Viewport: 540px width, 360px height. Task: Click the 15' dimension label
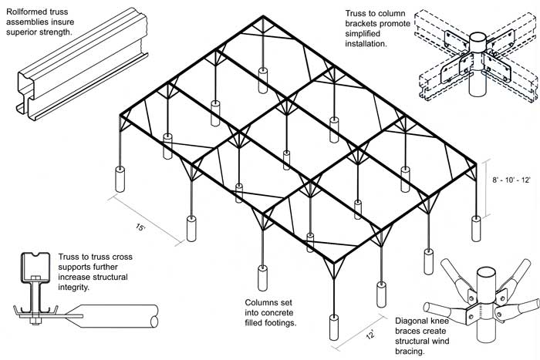[x=140, y=227]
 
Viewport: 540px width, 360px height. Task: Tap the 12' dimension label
[x=370, y=335]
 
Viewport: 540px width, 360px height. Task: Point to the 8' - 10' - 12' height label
[x=511, y=180]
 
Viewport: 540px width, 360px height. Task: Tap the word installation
[x=366, y=44]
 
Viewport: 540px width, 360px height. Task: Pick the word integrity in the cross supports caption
[x=73, y=287]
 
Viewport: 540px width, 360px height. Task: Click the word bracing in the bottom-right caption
[x=409, y=352]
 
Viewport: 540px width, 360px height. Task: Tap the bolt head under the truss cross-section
[x=34, y=321]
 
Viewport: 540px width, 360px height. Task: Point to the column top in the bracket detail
[x=478, y=37]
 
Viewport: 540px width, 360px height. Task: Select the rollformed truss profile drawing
[x=83, y=64]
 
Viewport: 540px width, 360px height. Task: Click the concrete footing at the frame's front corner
[x=334, y=328]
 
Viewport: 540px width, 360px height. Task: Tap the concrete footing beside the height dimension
[x=476, y=228]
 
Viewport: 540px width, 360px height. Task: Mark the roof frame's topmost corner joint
[x=263, y=17]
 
